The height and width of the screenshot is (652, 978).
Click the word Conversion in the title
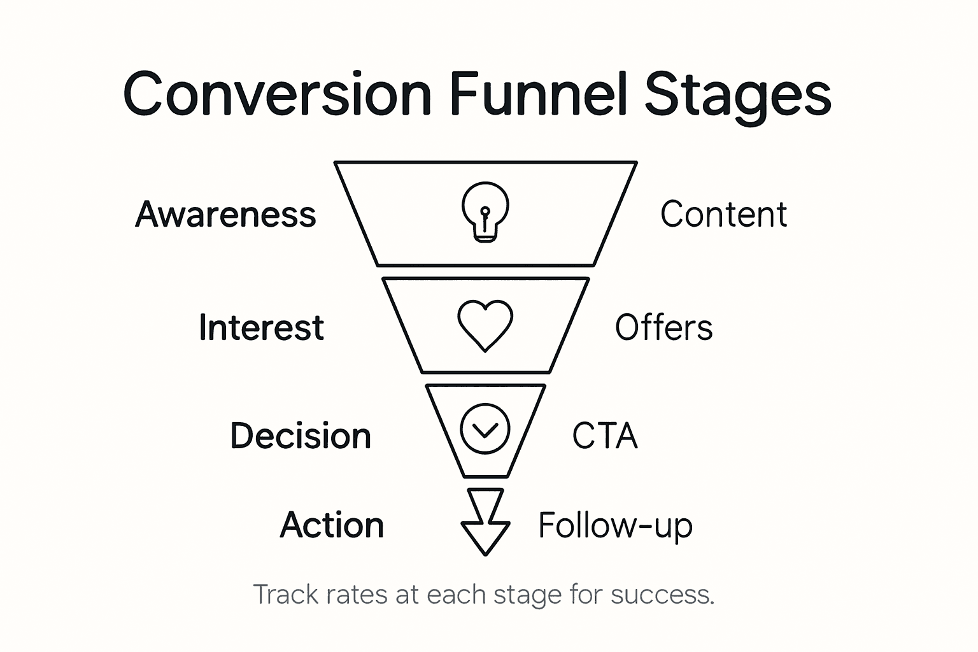coord(277,94)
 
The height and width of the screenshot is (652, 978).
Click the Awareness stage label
coord(225,215)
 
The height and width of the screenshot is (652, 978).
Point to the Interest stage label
coord(261,327)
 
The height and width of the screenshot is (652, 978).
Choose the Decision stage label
coord(301,436)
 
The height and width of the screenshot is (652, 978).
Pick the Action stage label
coord(332,525)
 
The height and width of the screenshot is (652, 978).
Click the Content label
coord(723,215)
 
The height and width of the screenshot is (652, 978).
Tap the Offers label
coord(663,327)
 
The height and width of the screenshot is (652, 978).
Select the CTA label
coord(604,436)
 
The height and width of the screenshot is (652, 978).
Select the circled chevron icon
coord(485,429)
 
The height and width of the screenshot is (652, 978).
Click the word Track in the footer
coord(286,595)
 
